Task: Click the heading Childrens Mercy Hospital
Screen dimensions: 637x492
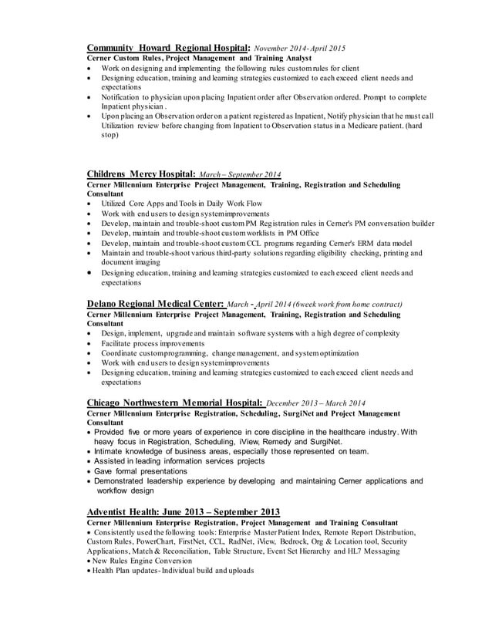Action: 142,174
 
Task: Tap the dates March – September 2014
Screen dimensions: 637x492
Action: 240,175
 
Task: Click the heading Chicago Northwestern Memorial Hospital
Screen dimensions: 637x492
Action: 175,402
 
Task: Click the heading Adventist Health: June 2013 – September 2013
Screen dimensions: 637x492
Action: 184,512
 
